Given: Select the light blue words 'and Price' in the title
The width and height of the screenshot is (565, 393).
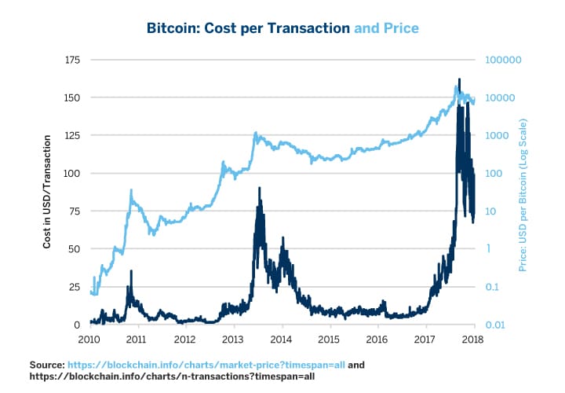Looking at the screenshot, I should point(386,28).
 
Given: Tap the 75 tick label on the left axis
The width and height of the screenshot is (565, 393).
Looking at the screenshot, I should point(74,211).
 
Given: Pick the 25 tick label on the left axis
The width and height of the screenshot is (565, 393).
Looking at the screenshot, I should point(74,287).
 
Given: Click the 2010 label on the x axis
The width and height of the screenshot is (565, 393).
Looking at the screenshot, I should point(89,340).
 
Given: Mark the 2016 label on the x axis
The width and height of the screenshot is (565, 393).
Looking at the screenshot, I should point(377,340).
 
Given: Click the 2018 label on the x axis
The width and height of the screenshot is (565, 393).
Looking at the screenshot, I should point(473,340).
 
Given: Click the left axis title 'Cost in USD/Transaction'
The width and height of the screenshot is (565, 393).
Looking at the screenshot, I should point(47,192).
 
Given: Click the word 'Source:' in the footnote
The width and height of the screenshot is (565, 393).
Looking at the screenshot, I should point(46,365).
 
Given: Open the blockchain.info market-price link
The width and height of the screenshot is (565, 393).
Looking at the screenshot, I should point(206,365).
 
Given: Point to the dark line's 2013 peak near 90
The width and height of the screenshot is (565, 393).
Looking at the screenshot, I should point(260,189).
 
